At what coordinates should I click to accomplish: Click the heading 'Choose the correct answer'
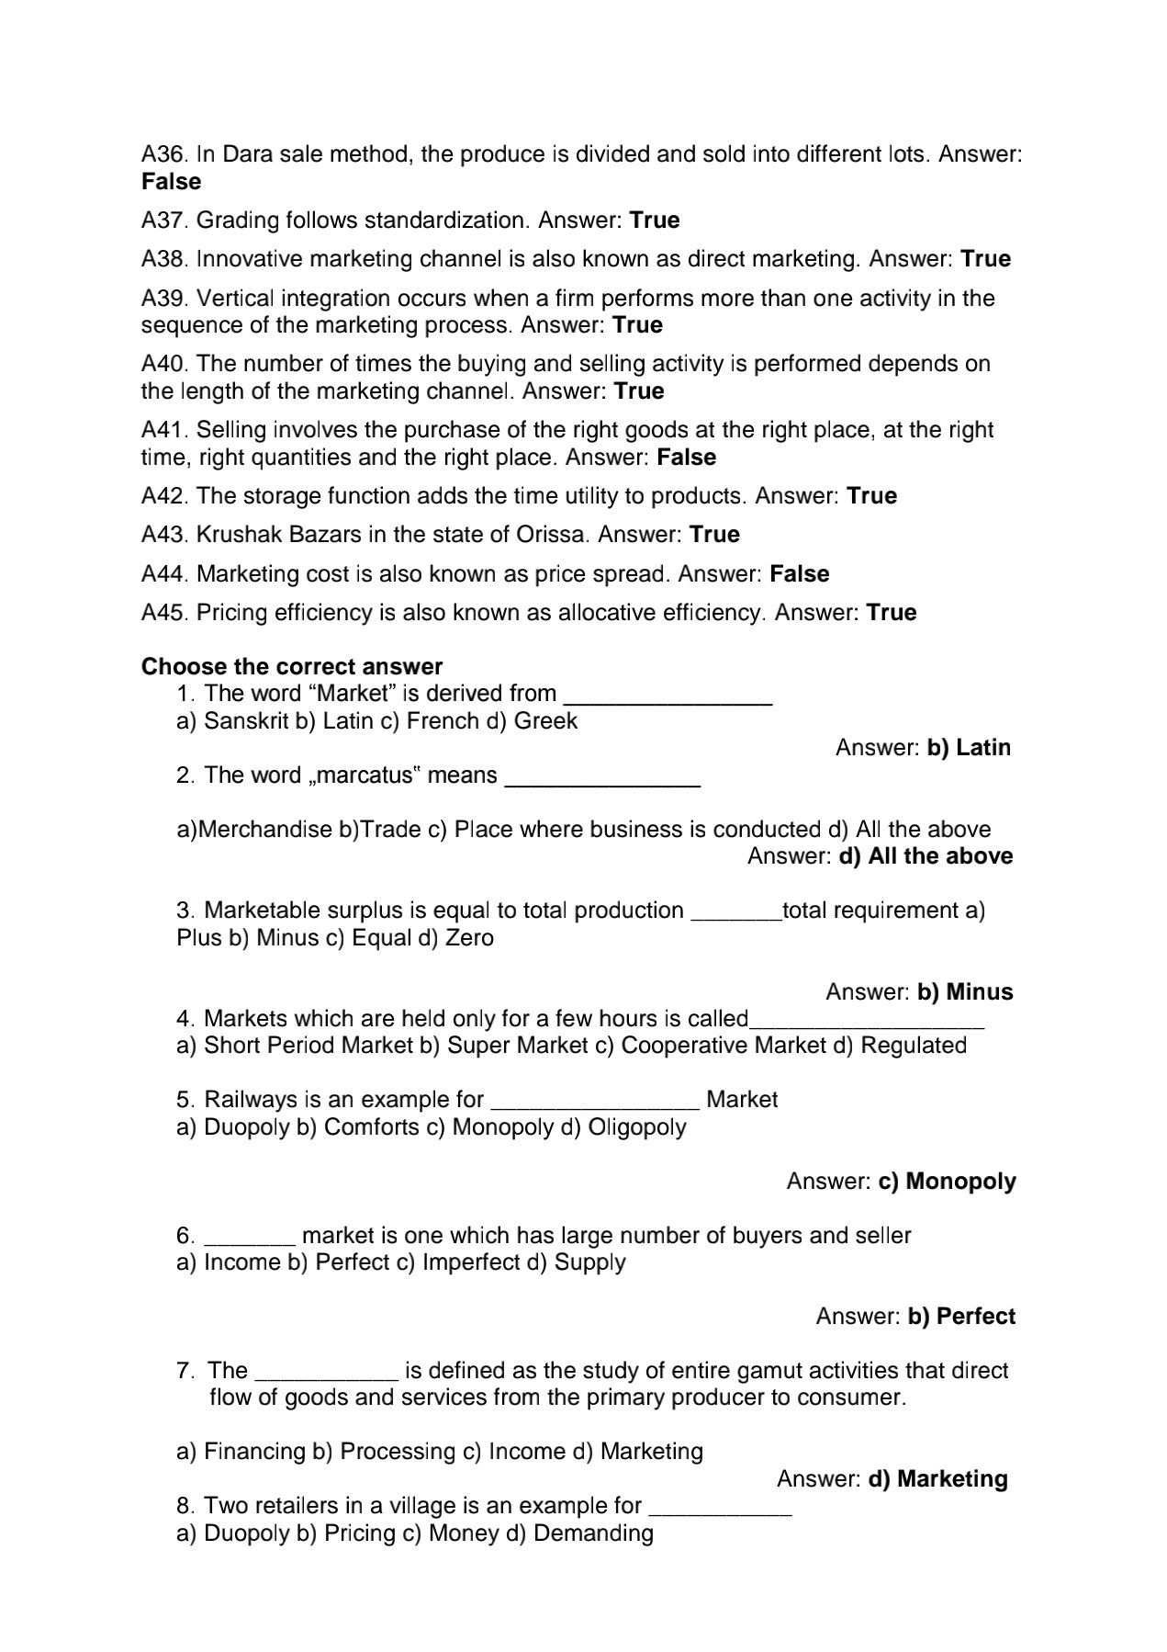point(292,666)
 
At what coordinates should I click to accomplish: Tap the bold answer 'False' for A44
point(799,574)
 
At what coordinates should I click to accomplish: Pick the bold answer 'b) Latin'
point(969,748)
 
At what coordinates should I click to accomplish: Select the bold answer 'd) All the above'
point(926,856)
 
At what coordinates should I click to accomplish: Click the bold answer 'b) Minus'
point(965,992)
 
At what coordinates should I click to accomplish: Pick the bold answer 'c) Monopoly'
point(948,1182)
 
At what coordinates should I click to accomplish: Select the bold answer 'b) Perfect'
point(961,1317)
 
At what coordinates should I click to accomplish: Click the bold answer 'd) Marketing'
point(937,1479)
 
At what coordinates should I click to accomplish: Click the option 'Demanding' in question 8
point(593,1533)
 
